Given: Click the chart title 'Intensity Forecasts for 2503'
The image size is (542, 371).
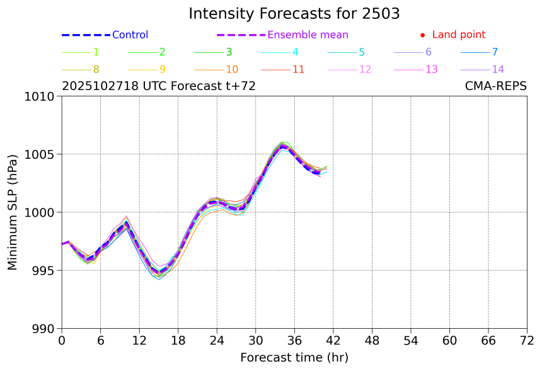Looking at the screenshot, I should coord(294,14).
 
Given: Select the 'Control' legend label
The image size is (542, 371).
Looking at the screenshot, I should coord(130,35).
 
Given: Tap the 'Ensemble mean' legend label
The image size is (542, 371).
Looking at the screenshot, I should coord(308,35).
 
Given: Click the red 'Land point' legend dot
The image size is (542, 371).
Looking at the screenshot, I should coord(422,35).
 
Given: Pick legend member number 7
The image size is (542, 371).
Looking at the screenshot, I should coord(495,52).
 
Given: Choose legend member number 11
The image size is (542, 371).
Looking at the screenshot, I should coord(299,69).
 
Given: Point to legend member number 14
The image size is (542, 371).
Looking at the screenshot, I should coord(498,69).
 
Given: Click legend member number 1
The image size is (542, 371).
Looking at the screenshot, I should coord(96,52).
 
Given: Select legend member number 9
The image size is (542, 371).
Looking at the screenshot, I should coord(162,69).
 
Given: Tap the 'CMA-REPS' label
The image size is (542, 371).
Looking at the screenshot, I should coord(495,86).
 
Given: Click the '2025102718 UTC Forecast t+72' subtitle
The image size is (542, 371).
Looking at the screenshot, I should coord(159,86).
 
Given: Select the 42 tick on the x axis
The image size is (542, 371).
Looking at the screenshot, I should coord(333,341).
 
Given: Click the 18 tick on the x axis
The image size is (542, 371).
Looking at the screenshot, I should coord(178,341).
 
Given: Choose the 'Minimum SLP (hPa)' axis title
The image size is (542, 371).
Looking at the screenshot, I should coord(13,212).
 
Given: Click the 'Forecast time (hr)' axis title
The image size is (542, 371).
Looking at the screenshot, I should coord(294,358).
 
